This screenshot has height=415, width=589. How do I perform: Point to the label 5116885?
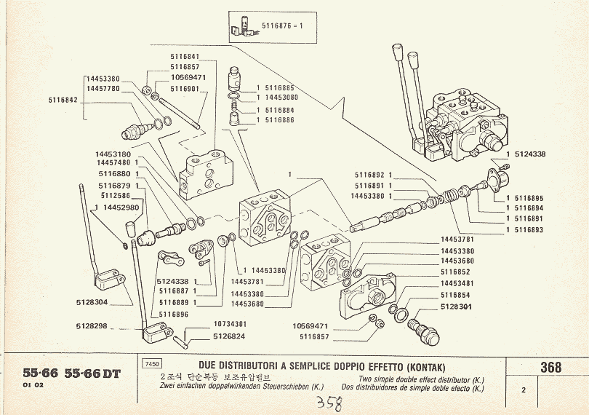(x=279, y=87)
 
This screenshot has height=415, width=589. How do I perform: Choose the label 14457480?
(x=112, y=164)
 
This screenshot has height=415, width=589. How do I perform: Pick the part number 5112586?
(x=115, y=195)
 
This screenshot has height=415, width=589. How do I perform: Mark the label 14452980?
(x=119, y=207)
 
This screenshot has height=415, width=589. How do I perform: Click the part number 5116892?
(x=369, y=175)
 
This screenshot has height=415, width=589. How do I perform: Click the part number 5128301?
(x=457, y=307)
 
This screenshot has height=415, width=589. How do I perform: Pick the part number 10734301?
(x=230, y=325)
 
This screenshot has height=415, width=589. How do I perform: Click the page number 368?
(x=550, y=368)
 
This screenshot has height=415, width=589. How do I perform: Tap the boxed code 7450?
(x=152, y=364)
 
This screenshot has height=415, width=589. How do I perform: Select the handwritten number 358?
(x=332, y=404)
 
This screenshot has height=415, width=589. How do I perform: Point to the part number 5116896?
(x=175, y=314)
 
